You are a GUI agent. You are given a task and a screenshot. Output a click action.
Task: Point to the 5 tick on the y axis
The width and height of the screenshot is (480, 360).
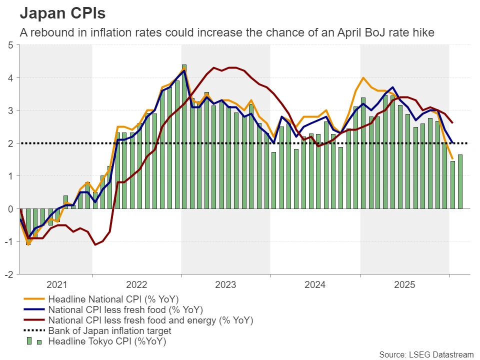(x=11, y=45)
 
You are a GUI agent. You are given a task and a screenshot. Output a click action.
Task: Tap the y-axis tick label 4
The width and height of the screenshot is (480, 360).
(x=11, y=78)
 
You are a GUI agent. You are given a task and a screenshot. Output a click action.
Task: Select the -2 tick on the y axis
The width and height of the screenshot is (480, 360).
(x=9, y=274)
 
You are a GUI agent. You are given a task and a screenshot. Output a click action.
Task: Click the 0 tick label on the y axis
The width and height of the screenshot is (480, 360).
(x=11, y=209)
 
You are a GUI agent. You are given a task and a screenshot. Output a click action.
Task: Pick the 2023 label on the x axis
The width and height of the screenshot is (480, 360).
(x=225, y=285)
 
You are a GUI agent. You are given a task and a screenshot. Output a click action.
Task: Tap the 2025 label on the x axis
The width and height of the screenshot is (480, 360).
(x=404, y=285)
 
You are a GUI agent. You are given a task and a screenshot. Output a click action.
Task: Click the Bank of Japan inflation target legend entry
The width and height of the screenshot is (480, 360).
(x=109, y=330)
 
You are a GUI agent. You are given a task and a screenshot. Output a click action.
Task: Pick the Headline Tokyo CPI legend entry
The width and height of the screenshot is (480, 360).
(x=106, y=341)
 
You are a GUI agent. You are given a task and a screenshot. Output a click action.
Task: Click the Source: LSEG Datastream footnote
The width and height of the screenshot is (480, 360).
(x=425, y=354)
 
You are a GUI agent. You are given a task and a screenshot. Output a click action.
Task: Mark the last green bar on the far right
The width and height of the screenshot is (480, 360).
(x=460, y=181)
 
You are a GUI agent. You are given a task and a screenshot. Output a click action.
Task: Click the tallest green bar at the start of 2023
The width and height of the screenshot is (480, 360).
(x=184, y=136)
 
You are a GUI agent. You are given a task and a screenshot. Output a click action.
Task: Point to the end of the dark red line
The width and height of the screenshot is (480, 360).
(x=452, y=123)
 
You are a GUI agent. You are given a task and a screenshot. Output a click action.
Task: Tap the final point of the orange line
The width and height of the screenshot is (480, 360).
(x=452, y=159)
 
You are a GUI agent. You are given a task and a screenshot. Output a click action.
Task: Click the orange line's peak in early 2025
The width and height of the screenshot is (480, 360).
(x=363, y=78)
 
